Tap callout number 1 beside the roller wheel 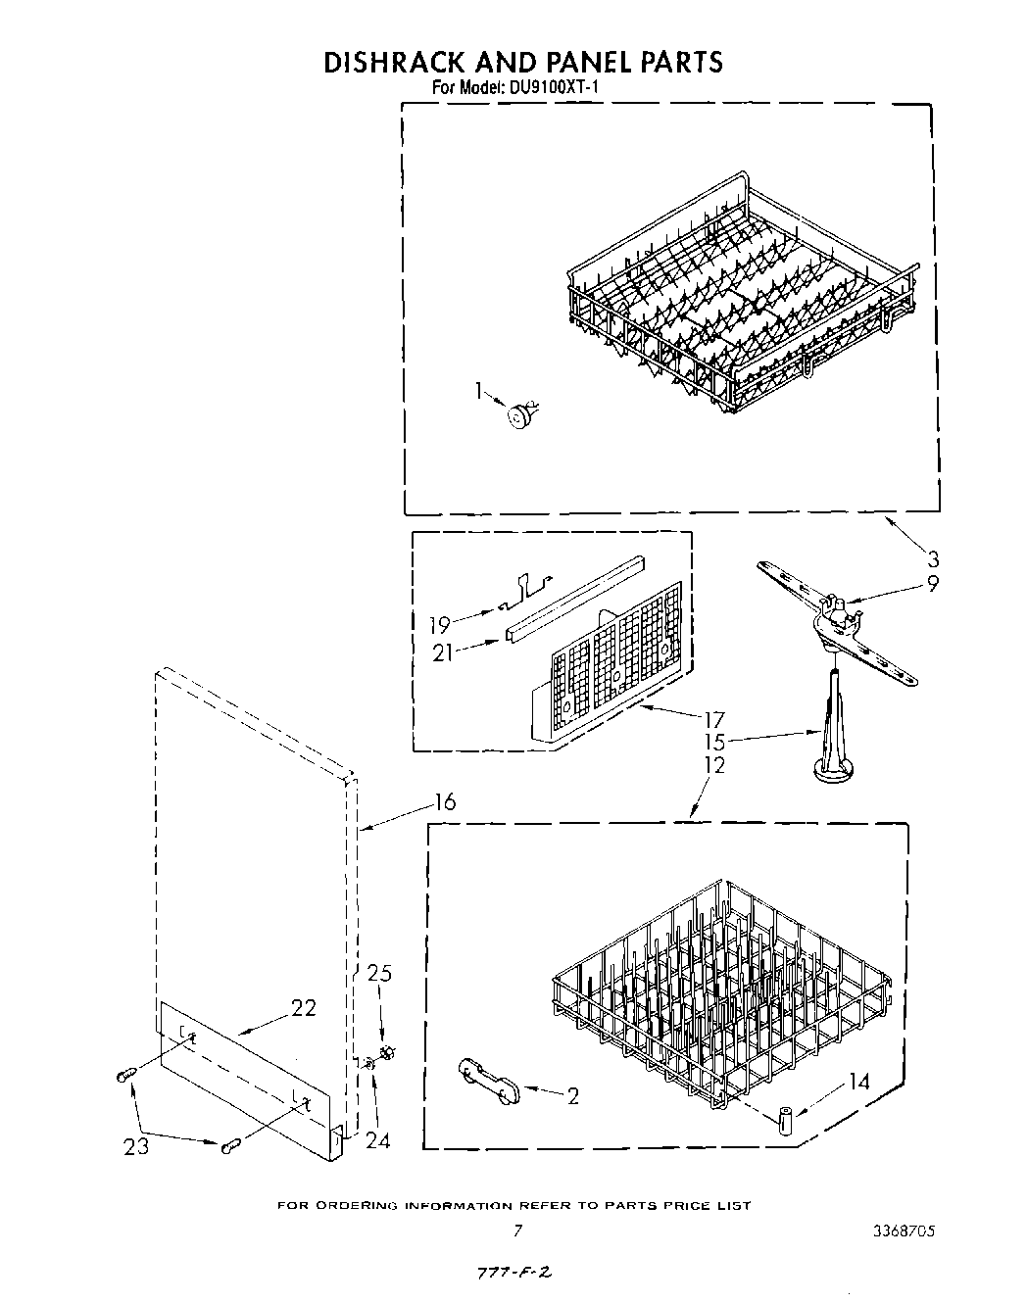tap(479, 392)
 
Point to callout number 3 tap(933, 559)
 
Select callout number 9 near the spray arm tap(932, 584)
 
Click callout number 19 tap(439, 624)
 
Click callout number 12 tap(714, 765)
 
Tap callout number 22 tap(303, 1007)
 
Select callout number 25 tap(379, 974)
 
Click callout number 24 tap(376, 1140)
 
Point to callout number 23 tap(136, 1144)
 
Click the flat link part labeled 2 tap(489, 1079)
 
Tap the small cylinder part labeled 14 tap(785, 1118)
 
